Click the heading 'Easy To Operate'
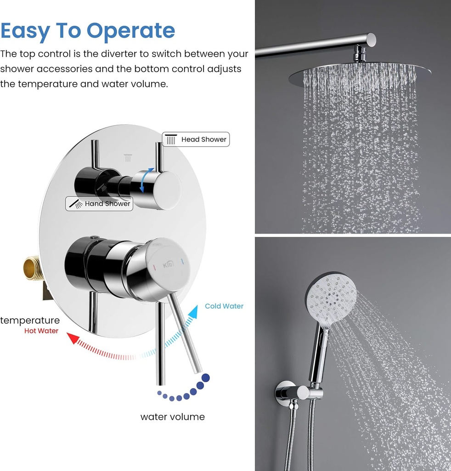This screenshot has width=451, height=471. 88,31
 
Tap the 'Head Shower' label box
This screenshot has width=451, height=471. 196,139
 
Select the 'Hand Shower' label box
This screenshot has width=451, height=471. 100,204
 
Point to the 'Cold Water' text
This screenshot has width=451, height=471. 224,306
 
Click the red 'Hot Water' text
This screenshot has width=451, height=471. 41,331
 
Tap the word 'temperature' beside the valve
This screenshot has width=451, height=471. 30,320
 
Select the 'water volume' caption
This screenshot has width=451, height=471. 172,417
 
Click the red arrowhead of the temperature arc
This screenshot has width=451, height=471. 72,338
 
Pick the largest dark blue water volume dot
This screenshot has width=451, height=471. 206,378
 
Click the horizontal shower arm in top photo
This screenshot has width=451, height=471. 312,46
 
